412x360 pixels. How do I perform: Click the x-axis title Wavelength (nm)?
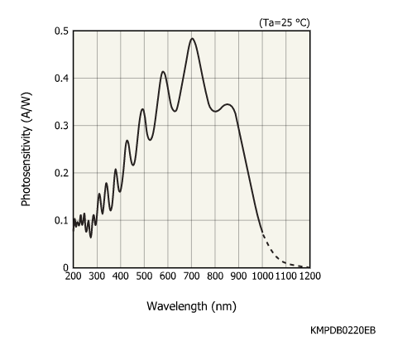click(x=191, y=306)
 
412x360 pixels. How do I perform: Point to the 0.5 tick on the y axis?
click(x=61, y=31)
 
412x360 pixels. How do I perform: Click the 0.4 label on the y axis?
click(x=61, y=79)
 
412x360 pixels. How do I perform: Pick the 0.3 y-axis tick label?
click(x=61, y=126)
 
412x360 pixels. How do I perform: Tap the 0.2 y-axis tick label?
click(x=61, y=173)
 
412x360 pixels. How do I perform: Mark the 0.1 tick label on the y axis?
click(x=61, y=220)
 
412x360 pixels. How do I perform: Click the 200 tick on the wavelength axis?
click(x=74, y=276)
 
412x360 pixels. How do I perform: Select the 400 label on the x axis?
click(x=121, y=276)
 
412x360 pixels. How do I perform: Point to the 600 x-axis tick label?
click(x=168, y=276)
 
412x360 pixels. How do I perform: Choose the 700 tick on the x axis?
click(x=192, y=276)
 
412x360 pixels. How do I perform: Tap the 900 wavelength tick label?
click(x=239, y=276)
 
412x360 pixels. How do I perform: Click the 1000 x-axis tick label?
click(x=262, y=276)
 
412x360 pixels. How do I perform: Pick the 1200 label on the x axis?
click(x=309, y=276)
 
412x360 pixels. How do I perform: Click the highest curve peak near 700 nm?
click(x=193, y=38)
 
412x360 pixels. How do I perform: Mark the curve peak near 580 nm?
click(x=164, y=72)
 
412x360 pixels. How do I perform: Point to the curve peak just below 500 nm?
click(x=142, y=109)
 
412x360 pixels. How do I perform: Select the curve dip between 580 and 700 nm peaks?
click(x=174, y=111)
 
